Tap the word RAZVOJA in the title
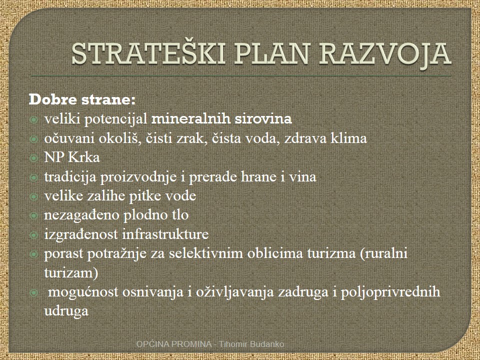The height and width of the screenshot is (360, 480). click(x=385, y=54)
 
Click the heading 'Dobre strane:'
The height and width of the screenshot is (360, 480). click(x=82, y=100)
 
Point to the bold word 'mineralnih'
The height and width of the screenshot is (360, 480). click(x=190, y=119)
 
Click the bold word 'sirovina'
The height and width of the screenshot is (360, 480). click(x=263, y=119)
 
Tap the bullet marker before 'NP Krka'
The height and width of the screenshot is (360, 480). click(x=33, y=158)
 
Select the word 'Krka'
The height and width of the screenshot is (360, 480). click(x=84, y=157)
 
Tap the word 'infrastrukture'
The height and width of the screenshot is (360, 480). click(x=165, y=234)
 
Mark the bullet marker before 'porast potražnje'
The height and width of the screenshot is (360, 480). click(x=33, y=254)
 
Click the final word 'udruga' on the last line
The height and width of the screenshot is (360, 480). click(x=66, y=311)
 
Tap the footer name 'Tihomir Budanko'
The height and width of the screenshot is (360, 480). click(x=251, y=344)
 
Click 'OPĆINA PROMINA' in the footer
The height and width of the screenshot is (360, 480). click(x=174, y=344)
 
